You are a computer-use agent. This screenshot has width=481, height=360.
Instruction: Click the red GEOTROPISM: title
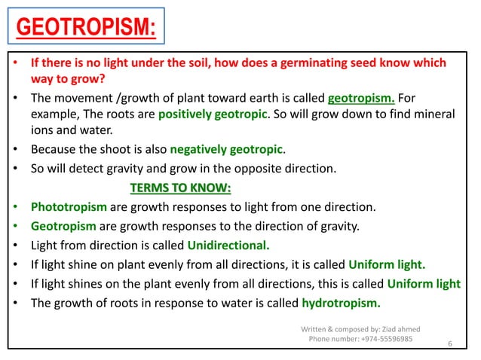(x=86, y=29)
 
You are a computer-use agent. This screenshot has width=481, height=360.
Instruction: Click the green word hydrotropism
(x=341, y=304)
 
